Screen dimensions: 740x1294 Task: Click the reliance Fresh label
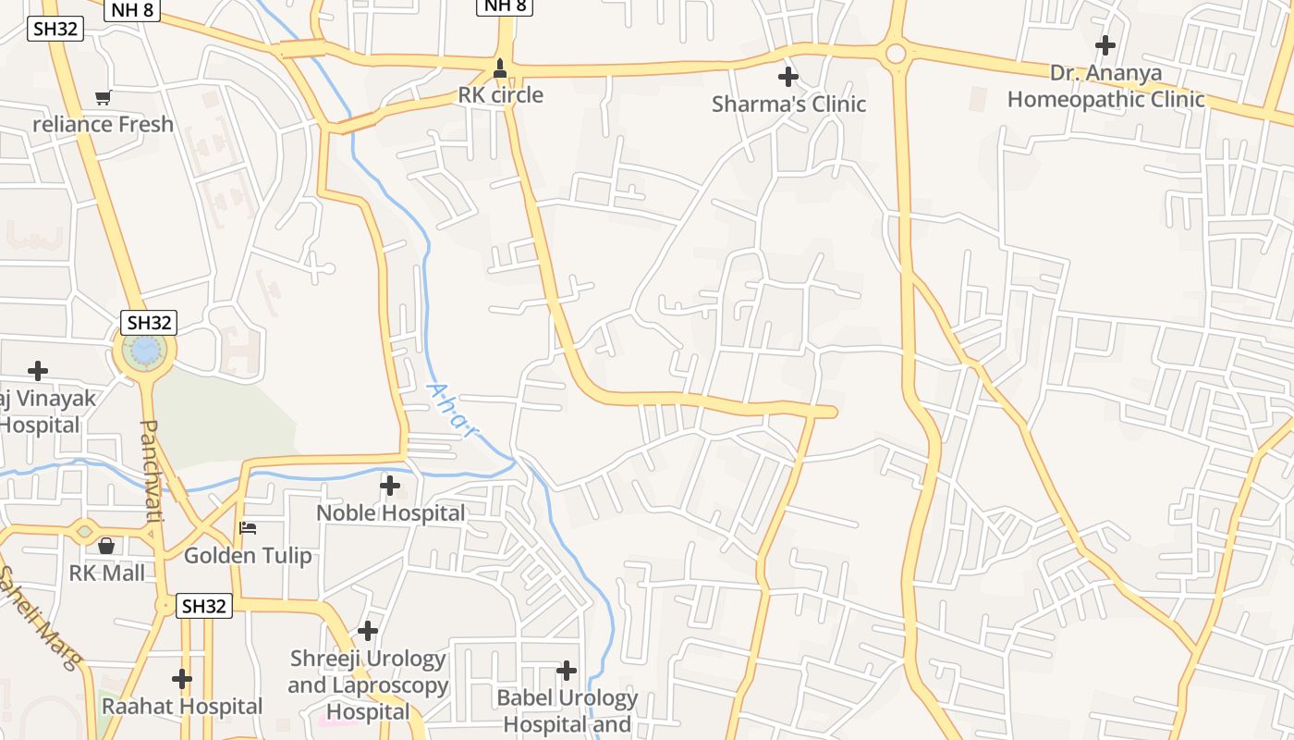tap(103, 124)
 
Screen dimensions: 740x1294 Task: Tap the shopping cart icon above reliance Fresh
tap(103, 97)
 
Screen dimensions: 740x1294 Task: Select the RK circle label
tap(500, 94)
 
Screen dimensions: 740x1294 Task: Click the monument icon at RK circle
tap(500, 68)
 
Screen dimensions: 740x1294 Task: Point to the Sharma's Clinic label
tap(788, 104)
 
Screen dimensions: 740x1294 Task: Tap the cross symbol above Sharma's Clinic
tap(788, 77)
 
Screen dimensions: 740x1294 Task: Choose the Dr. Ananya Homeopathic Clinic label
tap(1105, 86)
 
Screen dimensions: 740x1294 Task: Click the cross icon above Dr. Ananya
tap(1105, 44)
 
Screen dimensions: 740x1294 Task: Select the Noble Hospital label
tap(390, 512)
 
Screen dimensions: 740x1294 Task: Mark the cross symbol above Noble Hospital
tap(390, 485)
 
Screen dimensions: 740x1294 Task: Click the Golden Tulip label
tap(248, 556)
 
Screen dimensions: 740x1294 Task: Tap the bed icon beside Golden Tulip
tap(248, 528)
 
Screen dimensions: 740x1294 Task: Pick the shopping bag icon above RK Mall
tap(106, 546)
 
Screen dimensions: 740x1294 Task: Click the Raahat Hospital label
tap(182, 707)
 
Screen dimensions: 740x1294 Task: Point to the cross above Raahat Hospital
tap(182, 680)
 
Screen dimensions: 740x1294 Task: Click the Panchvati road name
tap(151, 471)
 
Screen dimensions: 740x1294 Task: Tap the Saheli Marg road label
tap(40, 615)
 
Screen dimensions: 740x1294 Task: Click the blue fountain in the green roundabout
tap(145, 350)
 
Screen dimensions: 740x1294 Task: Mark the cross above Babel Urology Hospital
tap(567, 671)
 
